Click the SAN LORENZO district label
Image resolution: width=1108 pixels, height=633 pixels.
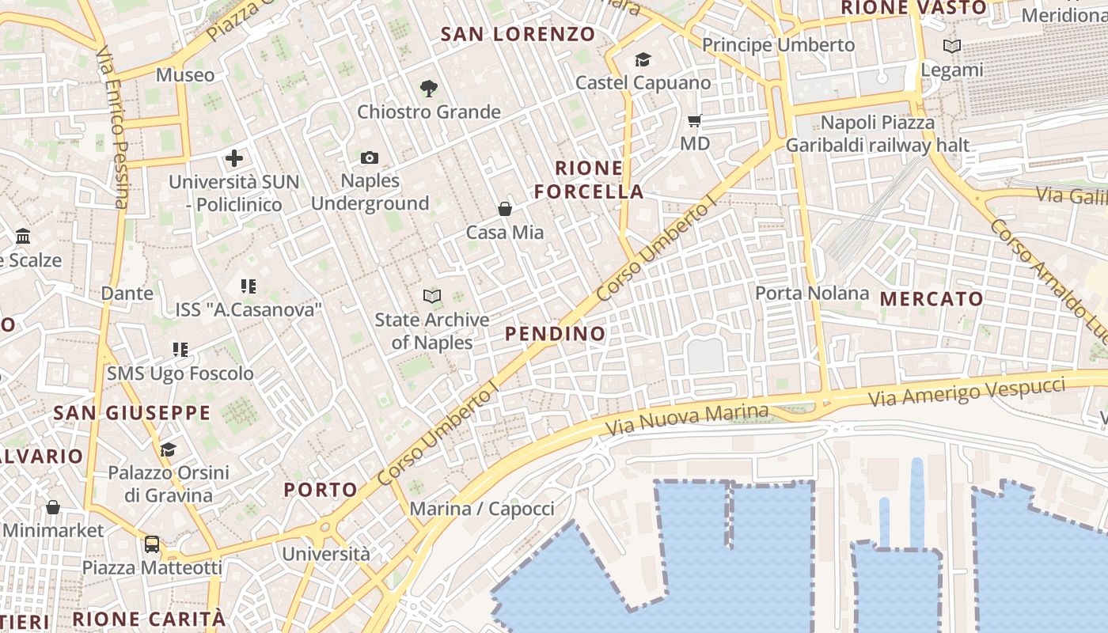coord(518,34)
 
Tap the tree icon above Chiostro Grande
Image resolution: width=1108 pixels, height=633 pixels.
coord(429,88)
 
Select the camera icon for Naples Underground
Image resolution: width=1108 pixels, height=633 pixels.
coord(370,157)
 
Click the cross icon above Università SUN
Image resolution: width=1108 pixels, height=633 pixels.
coord(234,158)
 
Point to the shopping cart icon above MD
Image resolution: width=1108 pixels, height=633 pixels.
coord(695,120)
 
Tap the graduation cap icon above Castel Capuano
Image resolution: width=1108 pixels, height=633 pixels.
coord(643,59)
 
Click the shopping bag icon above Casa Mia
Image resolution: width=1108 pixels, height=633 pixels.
coord(505,209)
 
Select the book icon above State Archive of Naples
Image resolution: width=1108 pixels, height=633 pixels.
coord(432,297)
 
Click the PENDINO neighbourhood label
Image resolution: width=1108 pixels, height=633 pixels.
coord(556,334)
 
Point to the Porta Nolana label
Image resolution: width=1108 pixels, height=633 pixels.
coord(812,294)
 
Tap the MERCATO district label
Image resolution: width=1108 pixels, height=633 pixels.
coord(932,299)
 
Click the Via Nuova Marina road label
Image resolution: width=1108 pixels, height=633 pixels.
coord(687,419)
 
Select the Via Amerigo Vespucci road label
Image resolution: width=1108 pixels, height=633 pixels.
coord(967,392)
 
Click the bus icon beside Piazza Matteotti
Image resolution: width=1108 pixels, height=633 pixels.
coord(151,544)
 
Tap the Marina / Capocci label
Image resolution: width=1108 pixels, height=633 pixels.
coord(482,508)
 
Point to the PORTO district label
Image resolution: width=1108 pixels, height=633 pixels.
coord(321,490)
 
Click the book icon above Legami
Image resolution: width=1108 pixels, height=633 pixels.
coord(952,46)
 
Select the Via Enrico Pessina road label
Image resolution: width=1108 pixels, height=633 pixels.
coord(112,127)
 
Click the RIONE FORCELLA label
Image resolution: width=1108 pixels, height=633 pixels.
coord(589,180)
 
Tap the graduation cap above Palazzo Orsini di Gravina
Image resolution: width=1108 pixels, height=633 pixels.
coord(168,450)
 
